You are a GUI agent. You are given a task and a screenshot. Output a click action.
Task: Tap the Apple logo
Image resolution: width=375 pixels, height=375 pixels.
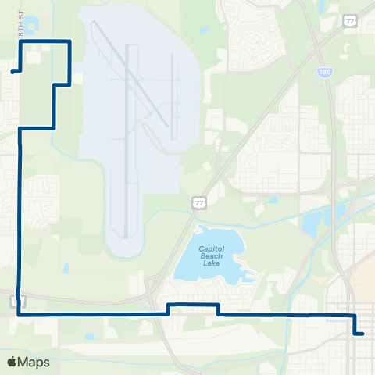click(x=12, y=362)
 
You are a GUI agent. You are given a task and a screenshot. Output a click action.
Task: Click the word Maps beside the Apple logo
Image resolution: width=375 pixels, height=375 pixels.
click(x=34, y=362)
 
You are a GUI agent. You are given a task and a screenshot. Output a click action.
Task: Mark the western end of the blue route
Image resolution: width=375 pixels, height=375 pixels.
click(x=12, y=72)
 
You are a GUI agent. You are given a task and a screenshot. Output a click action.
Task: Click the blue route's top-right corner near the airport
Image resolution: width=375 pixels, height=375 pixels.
click(x=70, y=41)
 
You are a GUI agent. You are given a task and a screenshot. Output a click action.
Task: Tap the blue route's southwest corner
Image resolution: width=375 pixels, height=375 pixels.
click(x=18, y=314)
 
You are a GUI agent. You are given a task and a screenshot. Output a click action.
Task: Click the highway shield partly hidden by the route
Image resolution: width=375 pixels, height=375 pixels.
click(x=23, y=302)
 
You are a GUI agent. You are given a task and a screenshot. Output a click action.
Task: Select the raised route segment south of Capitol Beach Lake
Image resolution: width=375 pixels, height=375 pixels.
click(x=193, y=304)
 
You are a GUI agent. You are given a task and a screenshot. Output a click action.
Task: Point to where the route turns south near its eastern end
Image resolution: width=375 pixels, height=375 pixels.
click(x=354, y=315)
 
